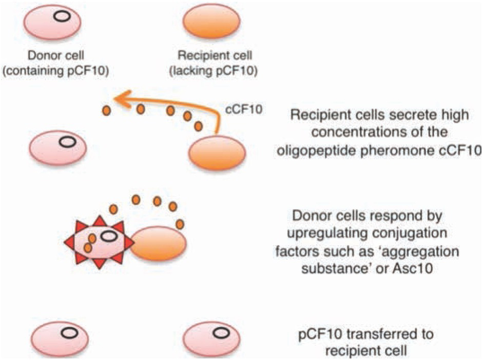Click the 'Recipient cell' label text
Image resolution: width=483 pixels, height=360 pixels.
tap(211, 56)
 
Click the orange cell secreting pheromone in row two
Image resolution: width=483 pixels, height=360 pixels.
tap(218, 155)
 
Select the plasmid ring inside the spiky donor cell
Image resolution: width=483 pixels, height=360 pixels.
tap(109, 236)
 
